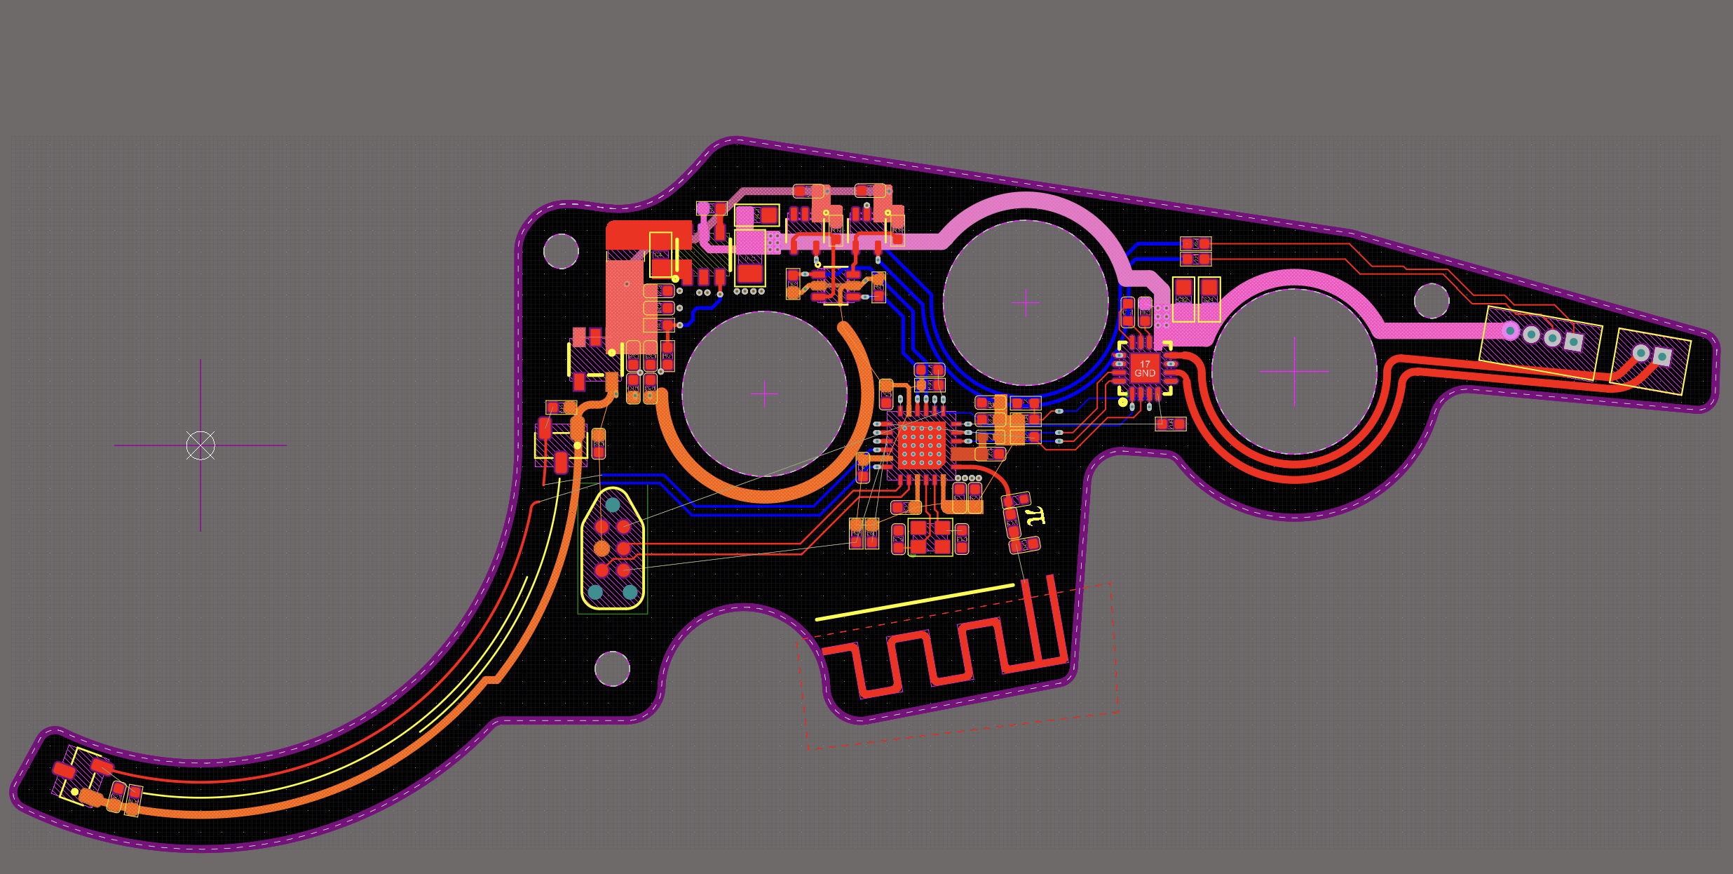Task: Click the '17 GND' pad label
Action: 1145,369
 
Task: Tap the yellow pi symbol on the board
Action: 1035,516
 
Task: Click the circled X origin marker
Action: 201,445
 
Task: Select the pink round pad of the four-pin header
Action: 1510,330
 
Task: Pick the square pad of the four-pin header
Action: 1574,342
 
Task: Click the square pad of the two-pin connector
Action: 1661,356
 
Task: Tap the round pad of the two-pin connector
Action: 1641,352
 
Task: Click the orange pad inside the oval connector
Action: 602,548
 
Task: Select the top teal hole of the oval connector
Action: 613,504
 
